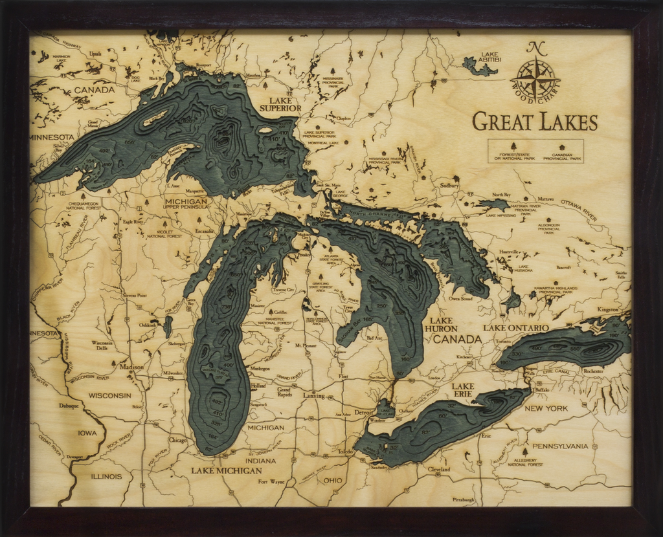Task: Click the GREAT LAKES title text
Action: [x=535, y=122]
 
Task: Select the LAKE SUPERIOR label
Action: [x=280, y=104]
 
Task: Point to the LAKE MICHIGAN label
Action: [x=226, y=470]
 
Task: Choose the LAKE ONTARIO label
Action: [x=516, y=328]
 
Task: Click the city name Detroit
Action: [x=365, y=412]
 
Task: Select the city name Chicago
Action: [x=177, y=440]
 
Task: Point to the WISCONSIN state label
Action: [x=109, y=395]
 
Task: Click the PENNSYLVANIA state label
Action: [x=560, y=446]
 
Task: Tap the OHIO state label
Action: [x=333, y=481]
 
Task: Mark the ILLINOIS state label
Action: [x=106, y=476]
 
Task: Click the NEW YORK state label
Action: [x=546, y=408]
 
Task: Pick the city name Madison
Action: [x=131, y=367]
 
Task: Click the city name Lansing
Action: [x=313, y=395]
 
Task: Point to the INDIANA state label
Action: [x=260, y=461]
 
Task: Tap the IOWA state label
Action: [x=87, y=433]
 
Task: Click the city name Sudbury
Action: [x=449, y=186]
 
